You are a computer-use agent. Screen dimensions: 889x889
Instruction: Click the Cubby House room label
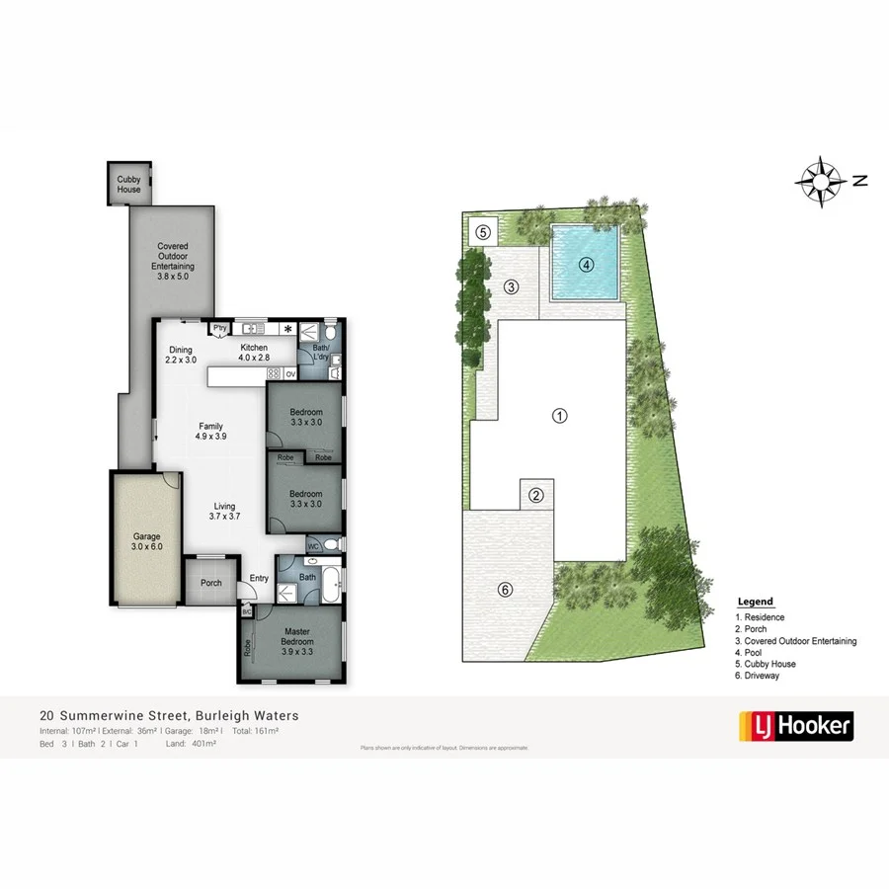(x=128, y=184)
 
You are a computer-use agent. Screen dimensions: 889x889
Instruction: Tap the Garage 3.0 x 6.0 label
(x=147, y=542)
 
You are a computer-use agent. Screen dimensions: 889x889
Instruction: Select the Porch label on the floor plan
(x=210, y=583)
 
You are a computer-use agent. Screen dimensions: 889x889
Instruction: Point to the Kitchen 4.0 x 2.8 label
(x=255, y=353)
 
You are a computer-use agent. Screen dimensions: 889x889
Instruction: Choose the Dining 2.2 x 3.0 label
(x=181, y=355)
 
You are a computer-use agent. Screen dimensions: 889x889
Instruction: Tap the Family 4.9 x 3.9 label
(x=210, y=432)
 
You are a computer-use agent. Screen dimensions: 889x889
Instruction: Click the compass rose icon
(x=820, y=180)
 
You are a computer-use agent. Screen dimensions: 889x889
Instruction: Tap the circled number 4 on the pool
(x=586, y=265)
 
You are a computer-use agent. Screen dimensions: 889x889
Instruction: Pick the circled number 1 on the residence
(x=559, y=416)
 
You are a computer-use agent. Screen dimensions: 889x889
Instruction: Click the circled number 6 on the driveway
(x=505, y=590)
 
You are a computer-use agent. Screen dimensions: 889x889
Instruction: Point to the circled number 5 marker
(x=483, y=233)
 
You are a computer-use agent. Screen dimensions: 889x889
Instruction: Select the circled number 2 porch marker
(x=536, y=496)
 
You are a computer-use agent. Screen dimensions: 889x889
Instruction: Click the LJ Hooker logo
(x=795, y=727)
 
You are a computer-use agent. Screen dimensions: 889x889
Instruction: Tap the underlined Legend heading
(x=756, y=602)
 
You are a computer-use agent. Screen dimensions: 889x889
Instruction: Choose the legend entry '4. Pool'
(x=752, y=653)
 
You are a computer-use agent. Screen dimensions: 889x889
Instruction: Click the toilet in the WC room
(x=331, y=544)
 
